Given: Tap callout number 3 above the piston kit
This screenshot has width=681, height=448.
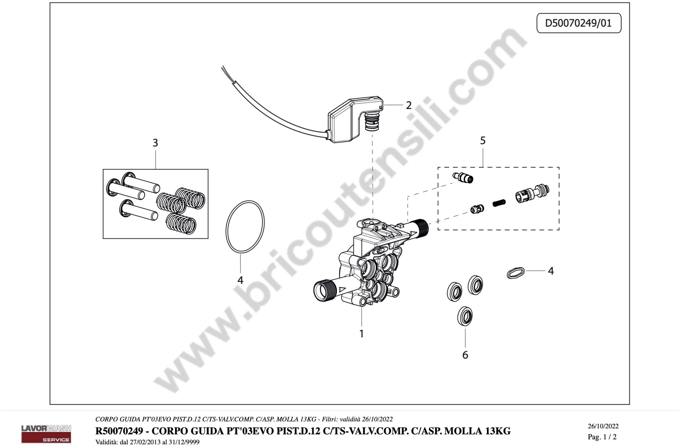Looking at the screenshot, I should click(155, 143).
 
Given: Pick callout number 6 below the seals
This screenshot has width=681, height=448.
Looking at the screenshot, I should click(465, 355).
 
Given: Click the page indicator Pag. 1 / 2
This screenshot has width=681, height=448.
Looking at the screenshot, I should click(602, 437).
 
